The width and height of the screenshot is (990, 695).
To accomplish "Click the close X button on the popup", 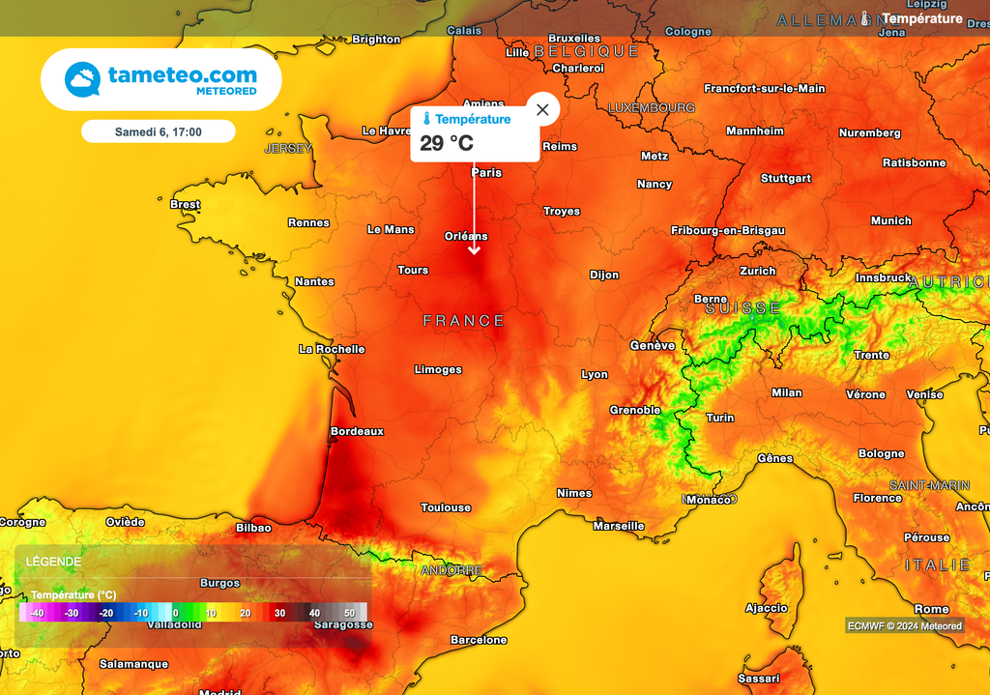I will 542,109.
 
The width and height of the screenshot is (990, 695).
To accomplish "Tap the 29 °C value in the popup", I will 447,144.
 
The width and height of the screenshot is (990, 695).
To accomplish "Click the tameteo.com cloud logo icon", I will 83,79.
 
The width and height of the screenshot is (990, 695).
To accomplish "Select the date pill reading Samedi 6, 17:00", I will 158,131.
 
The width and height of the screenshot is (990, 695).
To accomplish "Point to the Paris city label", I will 486,173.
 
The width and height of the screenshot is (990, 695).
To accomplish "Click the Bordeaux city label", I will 357,431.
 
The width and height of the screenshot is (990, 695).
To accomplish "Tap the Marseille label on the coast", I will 619,527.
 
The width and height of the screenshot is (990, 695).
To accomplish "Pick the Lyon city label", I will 595,375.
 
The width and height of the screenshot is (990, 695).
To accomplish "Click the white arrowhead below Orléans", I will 474,250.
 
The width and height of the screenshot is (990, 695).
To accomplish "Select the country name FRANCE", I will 464,321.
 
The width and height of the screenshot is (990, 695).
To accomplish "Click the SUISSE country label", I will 742,308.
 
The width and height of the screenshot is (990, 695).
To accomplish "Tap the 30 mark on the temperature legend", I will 278,613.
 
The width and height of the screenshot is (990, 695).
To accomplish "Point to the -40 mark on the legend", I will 37,613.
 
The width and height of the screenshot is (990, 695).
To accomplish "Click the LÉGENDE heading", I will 53,562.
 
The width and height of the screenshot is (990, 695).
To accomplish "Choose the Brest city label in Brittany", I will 185,205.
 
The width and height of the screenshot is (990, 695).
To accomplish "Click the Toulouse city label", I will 446,507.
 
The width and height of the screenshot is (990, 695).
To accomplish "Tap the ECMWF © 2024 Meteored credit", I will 905,625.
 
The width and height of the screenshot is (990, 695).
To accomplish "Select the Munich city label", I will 890,221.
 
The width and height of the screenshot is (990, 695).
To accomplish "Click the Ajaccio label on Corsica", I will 767,608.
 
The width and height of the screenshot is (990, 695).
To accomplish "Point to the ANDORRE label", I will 451,571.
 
